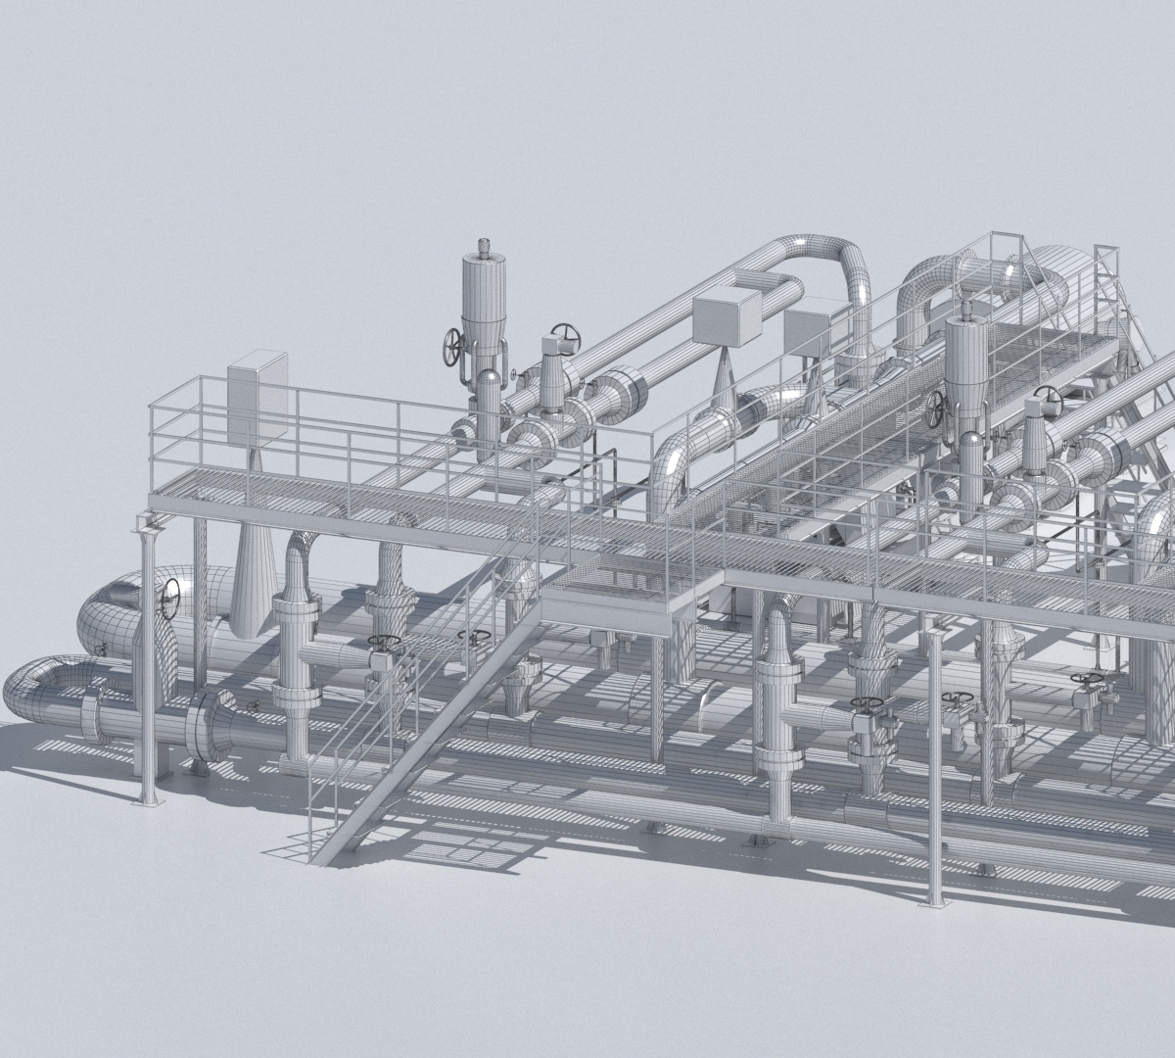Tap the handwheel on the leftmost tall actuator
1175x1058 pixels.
click(451, 346)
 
